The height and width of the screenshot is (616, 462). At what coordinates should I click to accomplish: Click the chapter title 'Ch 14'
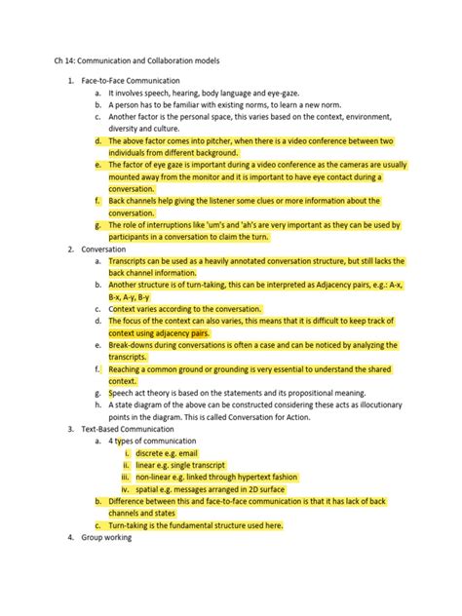65,60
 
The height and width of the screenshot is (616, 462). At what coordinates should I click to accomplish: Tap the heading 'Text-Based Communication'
128,428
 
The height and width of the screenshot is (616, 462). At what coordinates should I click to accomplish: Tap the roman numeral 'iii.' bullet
126,477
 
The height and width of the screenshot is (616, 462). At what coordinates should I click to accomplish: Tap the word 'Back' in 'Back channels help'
119,200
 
